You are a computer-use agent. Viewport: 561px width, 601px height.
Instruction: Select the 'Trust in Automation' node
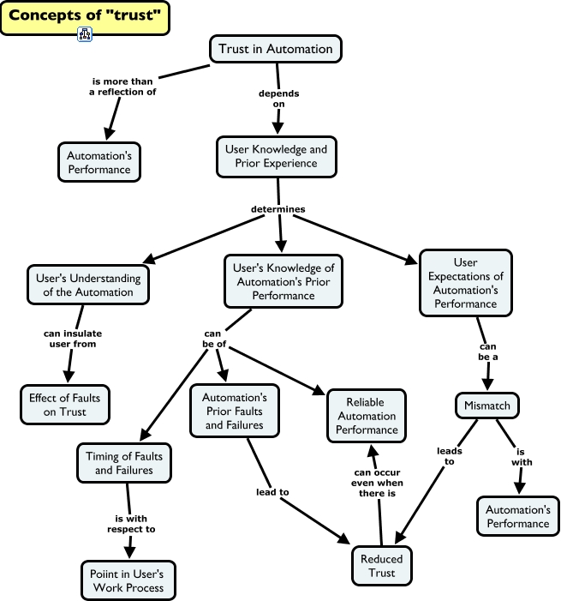(275, 49)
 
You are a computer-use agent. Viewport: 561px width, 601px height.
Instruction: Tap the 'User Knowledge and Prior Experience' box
(276, 156)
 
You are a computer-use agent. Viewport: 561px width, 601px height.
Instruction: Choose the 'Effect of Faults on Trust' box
(67, 405)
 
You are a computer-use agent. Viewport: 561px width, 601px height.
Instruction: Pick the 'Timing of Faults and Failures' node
(124, 464)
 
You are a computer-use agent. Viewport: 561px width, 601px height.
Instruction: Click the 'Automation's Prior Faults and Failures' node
(234, 412)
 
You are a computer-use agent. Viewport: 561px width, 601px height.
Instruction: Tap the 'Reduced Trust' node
(382, 566)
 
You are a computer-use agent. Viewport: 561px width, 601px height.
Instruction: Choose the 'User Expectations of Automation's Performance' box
(466, 282)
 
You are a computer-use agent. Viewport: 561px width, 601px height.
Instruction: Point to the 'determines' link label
(278, 208)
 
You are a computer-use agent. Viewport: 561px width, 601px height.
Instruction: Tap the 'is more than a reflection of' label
(123, 87)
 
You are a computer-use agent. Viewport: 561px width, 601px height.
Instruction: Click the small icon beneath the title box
(85, 35)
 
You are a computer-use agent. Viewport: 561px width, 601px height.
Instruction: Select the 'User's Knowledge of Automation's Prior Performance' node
(284, 281)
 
